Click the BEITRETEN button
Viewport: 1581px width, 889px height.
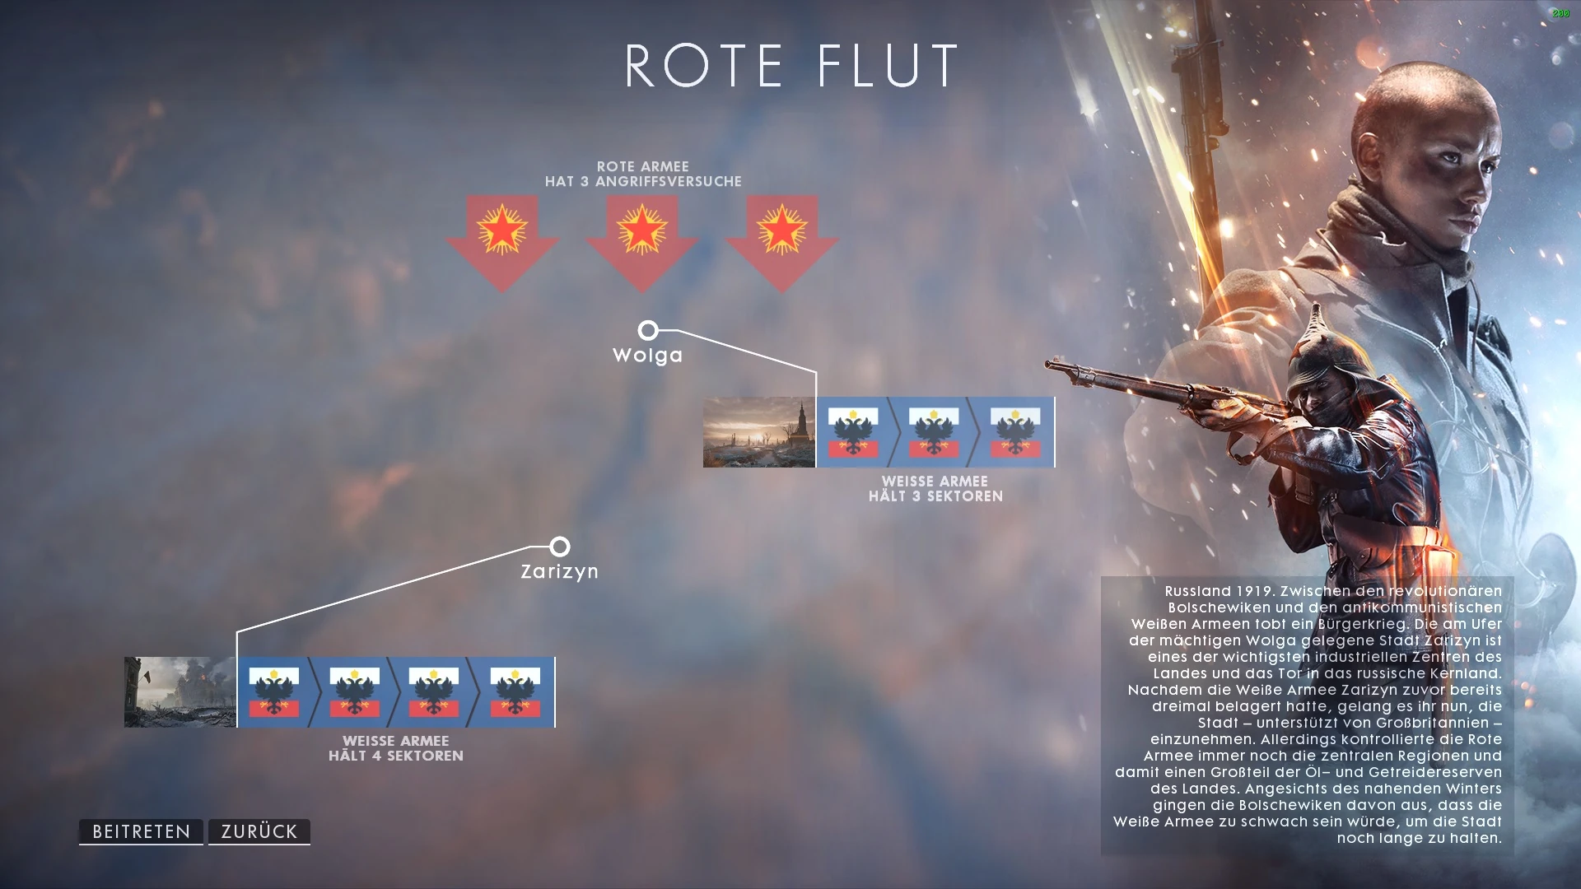click(141, 831)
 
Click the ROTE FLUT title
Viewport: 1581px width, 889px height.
click(791, 66)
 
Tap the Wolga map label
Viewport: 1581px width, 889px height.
click(647, 356)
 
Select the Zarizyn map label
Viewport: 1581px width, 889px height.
click(559, 571)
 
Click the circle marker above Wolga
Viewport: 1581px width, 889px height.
click(648, 331)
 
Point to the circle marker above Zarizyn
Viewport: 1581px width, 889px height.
click(560, 547)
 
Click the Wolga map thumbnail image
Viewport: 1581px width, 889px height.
click(758, 432)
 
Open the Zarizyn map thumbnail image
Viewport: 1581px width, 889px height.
click(180, 692)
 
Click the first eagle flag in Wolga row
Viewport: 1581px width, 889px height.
click(853, 432)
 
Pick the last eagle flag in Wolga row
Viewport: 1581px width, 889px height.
click(1014, 432)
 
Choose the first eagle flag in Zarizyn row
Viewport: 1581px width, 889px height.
click(273, 692)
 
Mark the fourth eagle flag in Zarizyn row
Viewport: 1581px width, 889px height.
click(515, 692)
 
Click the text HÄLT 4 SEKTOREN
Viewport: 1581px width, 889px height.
click(396, 756)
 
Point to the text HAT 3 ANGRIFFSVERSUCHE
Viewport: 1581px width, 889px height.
click(643, 181)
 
